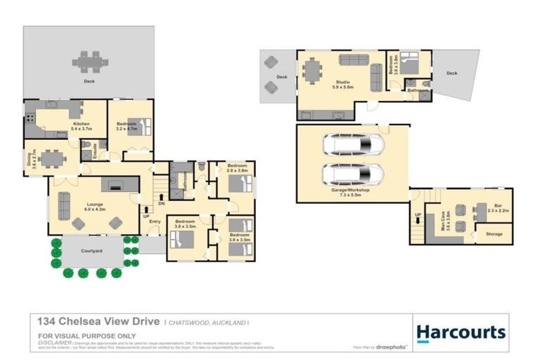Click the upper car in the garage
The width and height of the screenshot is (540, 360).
(353, 146)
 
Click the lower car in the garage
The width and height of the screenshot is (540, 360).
(353, 173)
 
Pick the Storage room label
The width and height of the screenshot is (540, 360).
(494, 233)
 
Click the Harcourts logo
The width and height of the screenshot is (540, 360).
(461, 332)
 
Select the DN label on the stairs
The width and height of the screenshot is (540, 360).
(162, 203)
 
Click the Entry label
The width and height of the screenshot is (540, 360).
(155, 222)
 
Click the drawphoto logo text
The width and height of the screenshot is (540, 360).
(391, 347)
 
